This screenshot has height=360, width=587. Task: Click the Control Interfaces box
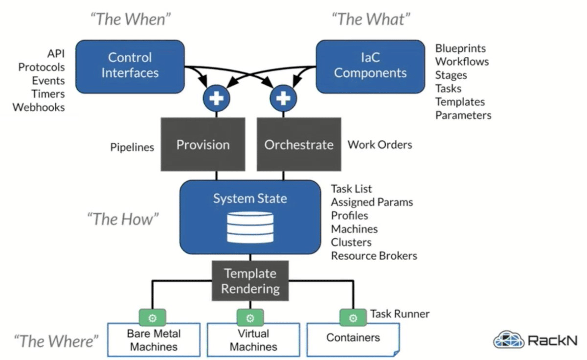130,66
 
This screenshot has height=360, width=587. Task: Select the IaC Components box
370,66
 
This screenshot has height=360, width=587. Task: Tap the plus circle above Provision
216,99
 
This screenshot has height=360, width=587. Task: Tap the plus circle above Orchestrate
283,99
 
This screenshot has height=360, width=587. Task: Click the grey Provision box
203,145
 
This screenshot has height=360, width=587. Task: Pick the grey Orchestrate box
299,145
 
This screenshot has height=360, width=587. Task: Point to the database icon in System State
250,227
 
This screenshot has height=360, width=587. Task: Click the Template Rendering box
250,281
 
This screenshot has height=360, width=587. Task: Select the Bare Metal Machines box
154,340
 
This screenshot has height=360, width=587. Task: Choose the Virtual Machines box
253,340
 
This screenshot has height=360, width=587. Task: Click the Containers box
353,338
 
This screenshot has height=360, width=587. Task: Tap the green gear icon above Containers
353,318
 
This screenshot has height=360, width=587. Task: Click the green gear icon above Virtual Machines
250,318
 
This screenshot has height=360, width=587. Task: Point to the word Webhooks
39,107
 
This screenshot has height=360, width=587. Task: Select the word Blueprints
460,48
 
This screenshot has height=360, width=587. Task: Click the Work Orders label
380,145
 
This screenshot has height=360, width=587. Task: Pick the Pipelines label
132,147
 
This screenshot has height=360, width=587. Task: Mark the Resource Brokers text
374,256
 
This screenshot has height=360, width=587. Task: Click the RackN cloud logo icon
508,339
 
